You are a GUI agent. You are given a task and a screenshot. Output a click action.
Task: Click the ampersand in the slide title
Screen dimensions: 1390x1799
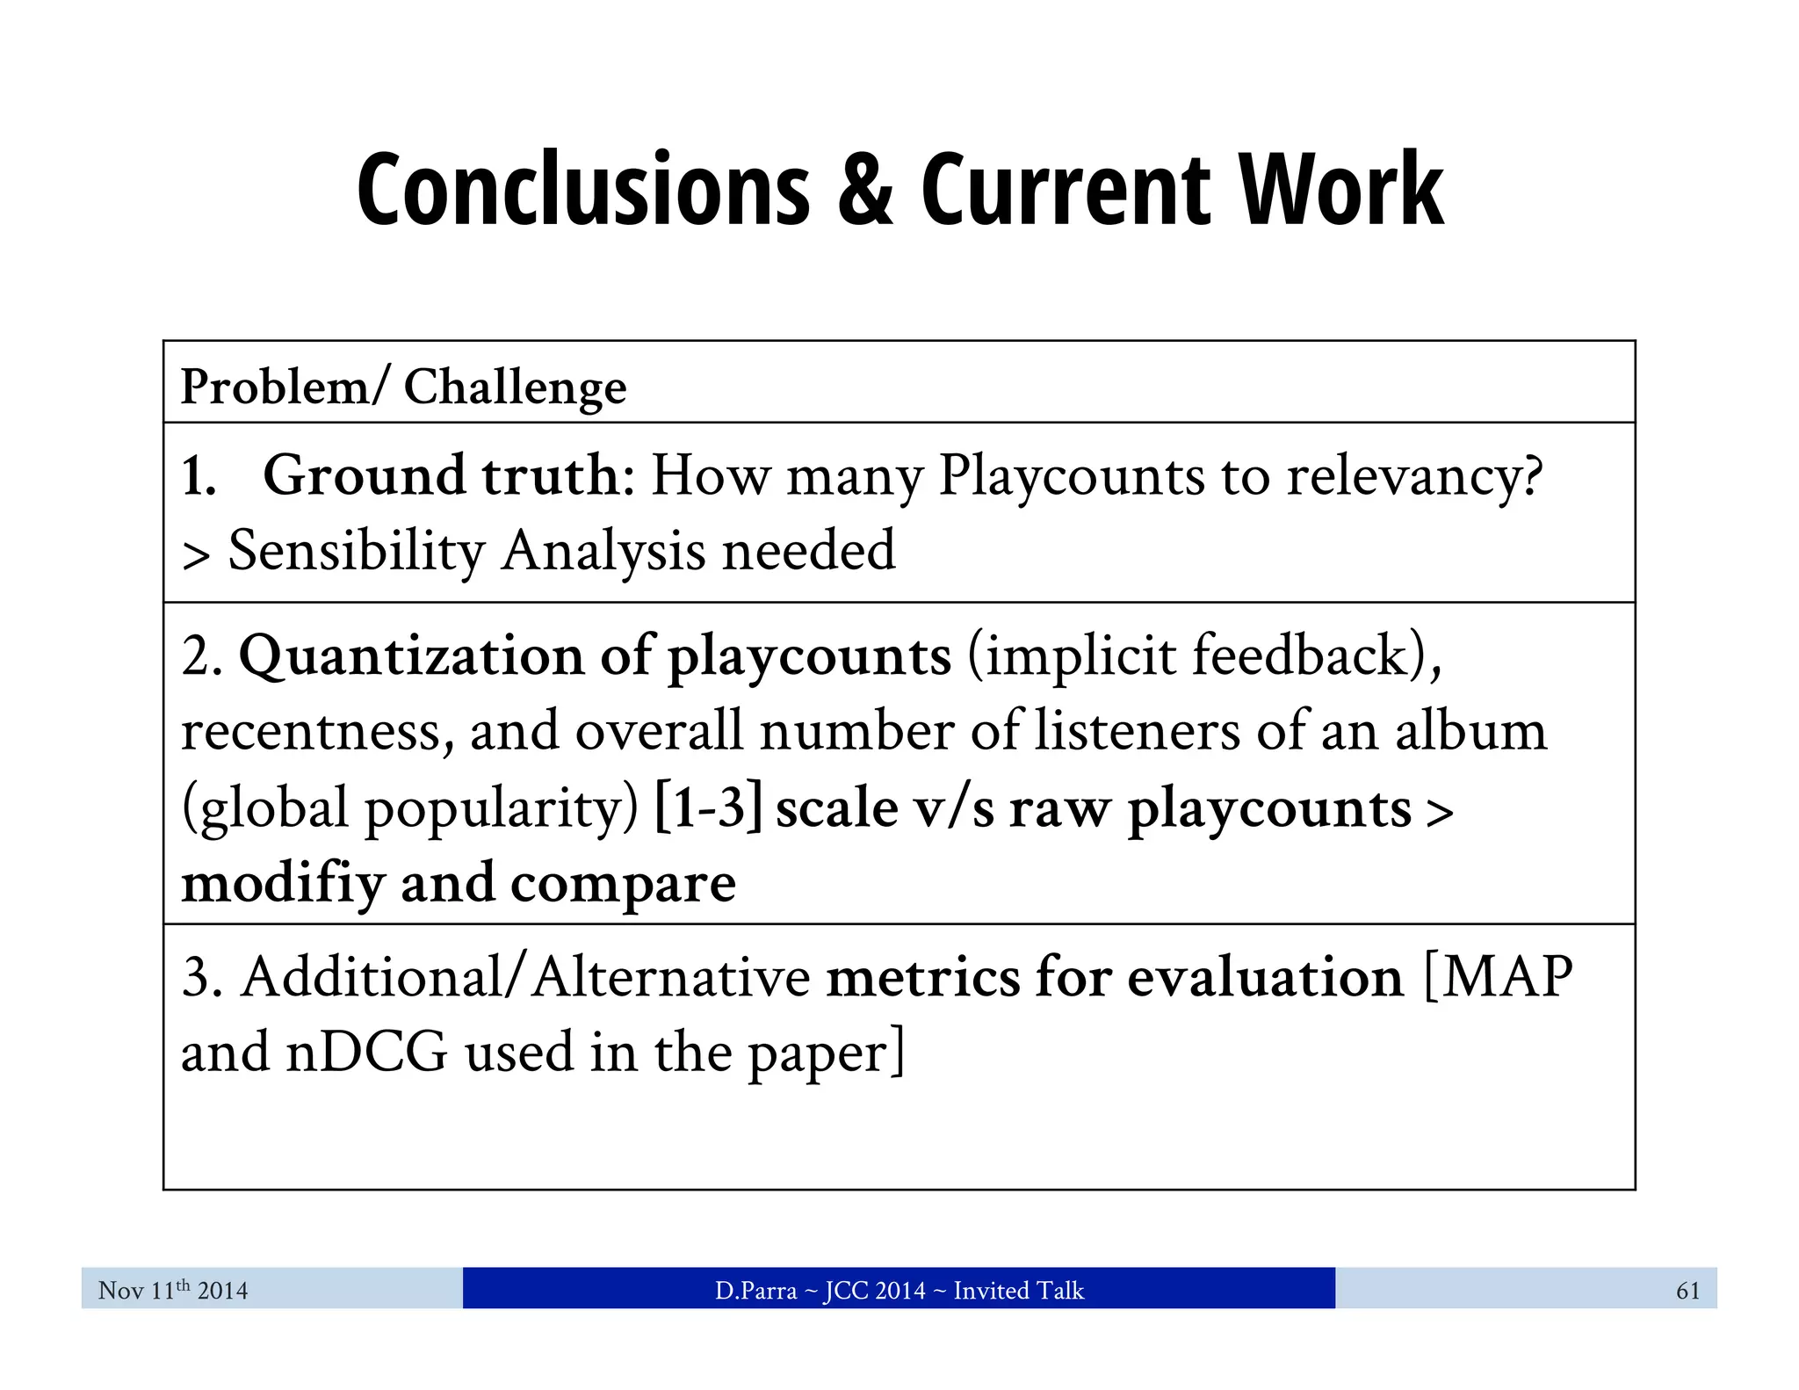coord(864,191)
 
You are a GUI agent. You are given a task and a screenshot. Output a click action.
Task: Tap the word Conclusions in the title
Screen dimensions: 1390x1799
coord(583,191)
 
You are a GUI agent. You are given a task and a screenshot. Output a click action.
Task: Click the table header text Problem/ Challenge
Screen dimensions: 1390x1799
coord(403,387)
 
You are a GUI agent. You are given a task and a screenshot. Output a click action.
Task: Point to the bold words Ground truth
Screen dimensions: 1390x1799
coord(442,475)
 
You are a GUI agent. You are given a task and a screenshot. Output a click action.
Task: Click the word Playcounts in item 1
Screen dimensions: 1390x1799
coord(1072,477)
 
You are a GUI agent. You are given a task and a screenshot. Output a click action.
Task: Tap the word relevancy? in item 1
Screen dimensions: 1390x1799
coord(1414,477)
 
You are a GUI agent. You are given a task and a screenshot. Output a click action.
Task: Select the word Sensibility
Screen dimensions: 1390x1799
coord(357,552)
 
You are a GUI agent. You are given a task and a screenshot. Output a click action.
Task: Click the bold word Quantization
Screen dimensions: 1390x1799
coord(410,656)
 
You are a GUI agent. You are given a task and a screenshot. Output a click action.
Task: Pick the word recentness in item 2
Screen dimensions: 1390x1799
coord(317,732)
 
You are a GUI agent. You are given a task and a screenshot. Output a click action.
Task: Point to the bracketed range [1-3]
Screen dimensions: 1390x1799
coord(708,807)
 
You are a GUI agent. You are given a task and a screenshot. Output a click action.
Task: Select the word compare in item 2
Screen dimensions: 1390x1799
coord(623,884)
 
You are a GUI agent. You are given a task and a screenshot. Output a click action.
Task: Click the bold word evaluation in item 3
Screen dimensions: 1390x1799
coord(1266,977)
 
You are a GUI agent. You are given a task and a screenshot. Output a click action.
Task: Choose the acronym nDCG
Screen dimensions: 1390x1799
coord(367,1053)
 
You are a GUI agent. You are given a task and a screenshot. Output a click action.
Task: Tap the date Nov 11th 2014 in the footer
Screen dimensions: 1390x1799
coord(173,1290)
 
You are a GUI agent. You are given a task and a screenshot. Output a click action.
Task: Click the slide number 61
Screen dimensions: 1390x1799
coord(1687,1290)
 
